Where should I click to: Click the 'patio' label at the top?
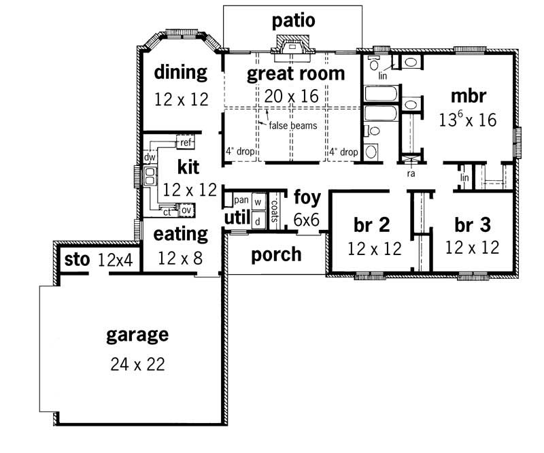click(x=294, y=21)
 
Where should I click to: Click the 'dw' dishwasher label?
click(x=150, y=158)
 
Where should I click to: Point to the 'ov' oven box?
click(x=185, y=209)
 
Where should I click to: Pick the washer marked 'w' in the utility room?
click(x=258, y=201)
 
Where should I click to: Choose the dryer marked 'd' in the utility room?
click(x=258, y=220)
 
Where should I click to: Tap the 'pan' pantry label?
click(x=240, y=200)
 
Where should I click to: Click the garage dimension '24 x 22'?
click(x=137, y=364)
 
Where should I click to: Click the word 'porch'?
click(x=276, y=254)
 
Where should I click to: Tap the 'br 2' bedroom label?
click(x=371, y=225)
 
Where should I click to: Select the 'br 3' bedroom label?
click(x=472, y=224)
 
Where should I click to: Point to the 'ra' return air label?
click(x=411, y=173)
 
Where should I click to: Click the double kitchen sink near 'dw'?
click(x=150, y=176)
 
